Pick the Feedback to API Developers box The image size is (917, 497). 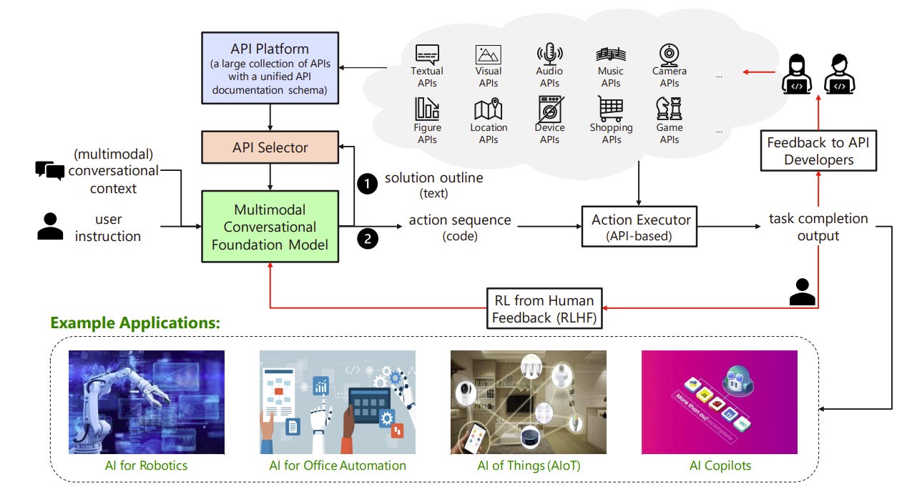[818, 151]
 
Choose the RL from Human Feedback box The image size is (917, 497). [544, 307]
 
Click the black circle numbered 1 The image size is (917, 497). [367, 184]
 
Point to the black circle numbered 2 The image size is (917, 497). [367, 239]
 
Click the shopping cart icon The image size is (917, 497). [611, 109]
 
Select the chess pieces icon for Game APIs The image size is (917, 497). [669, 109]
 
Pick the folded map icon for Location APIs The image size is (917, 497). [489, 109]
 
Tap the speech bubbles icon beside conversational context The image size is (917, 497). [50, 170]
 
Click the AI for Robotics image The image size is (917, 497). [147, 402]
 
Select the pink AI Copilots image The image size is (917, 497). [719, 402]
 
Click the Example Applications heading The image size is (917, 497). [134, 323]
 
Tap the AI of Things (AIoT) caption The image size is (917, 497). [528, 466]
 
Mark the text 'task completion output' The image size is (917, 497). [818, 227]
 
